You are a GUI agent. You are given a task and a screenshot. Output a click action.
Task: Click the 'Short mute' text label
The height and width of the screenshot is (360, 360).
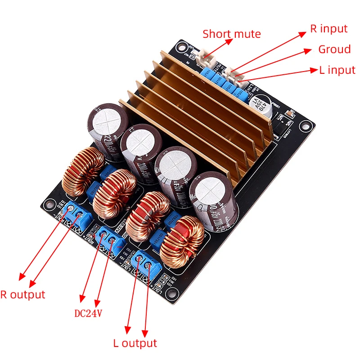pos(231,34)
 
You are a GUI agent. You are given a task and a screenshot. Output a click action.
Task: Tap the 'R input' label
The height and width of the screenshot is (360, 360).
pos(329,29)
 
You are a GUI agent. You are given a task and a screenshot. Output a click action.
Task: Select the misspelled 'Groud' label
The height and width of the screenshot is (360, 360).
pos(334,49)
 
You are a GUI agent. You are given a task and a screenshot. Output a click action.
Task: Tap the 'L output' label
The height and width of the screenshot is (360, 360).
pos(135,343)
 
